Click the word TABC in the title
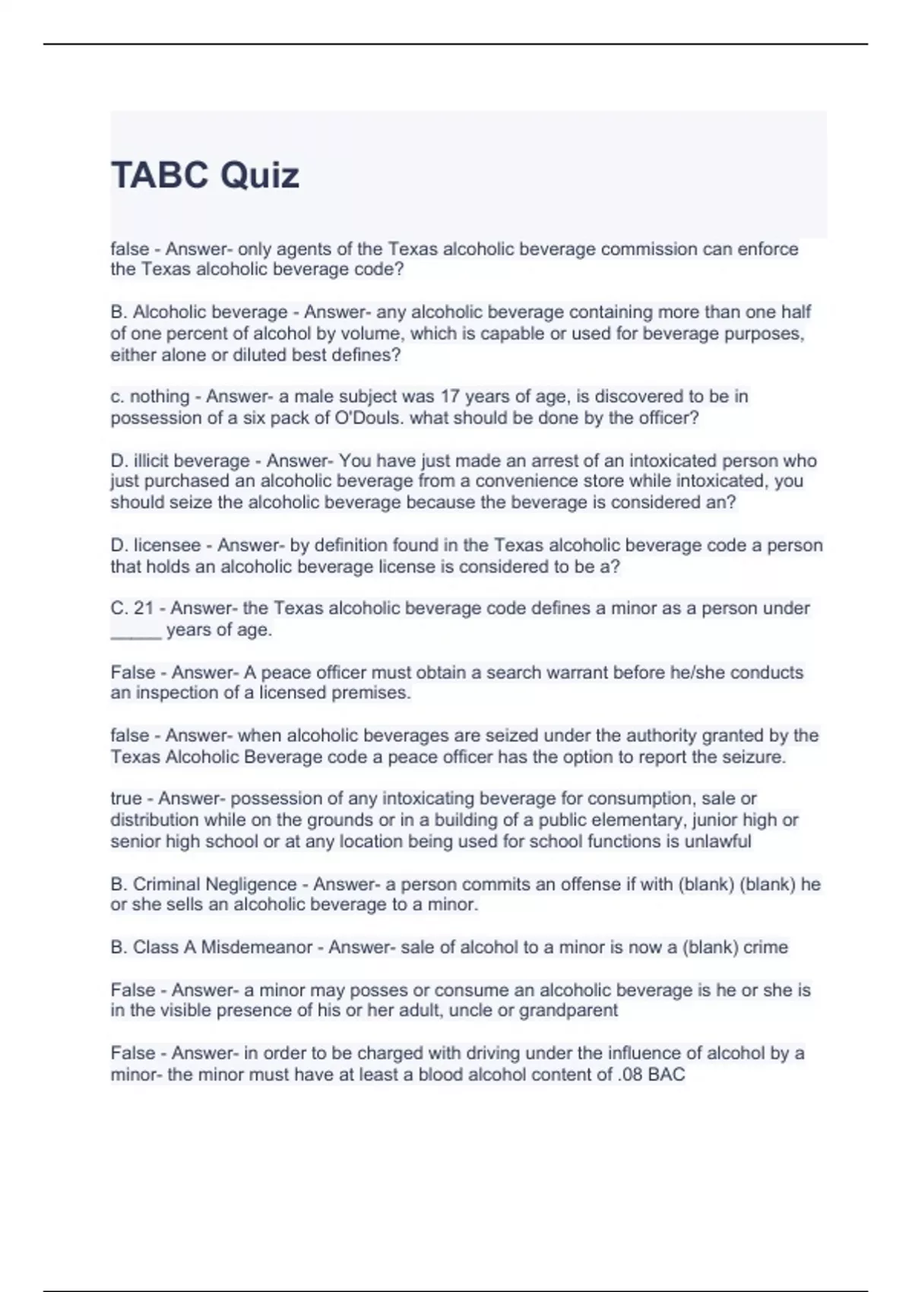point(160,176)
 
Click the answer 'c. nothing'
point(150,397)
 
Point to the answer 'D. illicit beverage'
point(180,461)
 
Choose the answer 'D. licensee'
point(159,546)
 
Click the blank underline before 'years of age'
point(136,632)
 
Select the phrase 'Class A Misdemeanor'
point(223,948)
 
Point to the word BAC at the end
point(667,1075)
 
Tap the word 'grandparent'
point(568,1011)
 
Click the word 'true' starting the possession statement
point(125,799)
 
